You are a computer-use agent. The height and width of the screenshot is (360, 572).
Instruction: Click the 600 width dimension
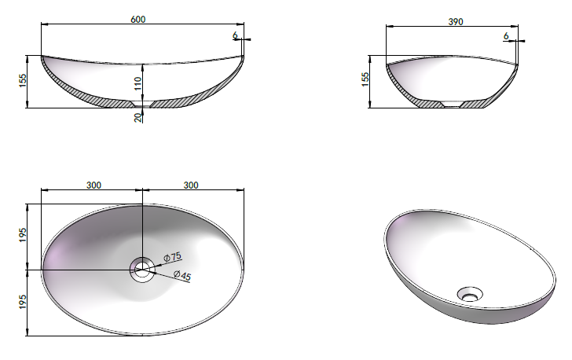138,19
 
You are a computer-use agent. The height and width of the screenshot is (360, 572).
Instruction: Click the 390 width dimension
456,22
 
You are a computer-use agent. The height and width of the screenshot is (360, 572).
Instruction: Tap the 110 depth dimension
137,83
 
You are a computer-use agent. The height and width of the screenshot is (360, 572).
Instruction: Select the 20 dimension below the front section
137,117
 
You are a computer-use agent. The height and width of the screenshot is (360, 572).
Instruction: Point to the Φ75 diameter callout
172,257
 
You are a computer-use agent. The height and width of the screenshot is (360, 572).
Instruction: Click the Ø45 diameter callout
182,275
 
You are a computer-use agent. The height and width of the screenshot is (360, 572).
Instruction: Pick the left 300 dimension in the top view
93,186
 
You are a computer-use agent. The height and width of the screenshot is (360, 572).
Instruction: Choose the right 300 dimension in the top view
191,186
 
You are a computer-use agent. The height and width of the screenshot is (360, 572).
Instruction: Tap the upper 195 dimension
23,235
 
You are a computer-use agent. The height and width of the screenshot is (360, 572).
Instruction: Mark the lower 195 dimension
23,302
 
